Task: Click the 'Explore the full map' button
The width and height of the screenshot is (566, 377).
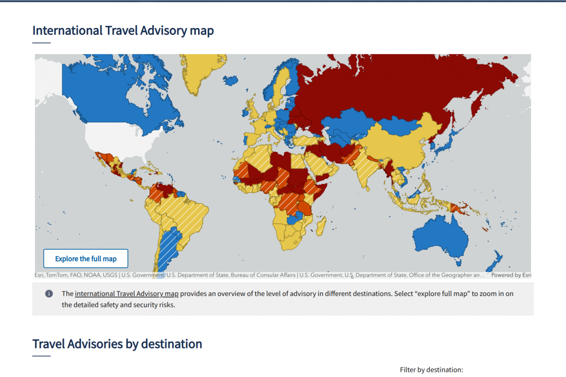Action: tap(85, 259)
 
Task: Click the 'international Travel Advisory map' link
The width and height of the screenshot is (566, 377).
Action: tap(126, 294)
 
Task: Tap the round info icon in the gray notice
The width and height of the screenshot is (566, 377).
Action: tap(49, 294)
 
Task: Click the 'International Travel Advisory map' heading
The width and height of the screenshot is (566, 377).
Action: tap(123, 31)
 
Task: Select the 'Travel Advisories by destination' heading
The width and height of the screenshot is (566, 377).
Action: tap(117, 344)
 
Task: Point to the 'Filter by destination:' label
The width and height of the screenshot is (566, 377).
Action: tap(432, 370)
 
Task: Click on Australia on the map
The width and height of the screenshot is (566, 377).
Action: tap(441, 238)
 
